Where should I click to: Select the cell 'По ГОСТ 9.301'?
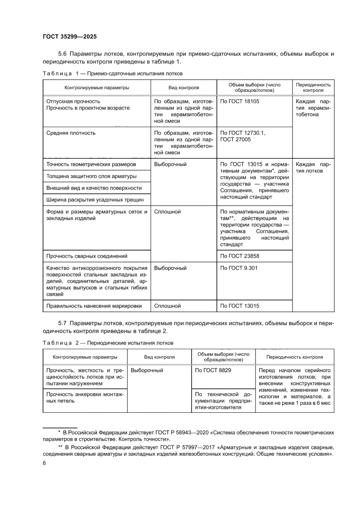coord(239,268)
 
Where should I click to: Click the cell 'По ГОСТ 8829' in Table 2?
coord(213,370)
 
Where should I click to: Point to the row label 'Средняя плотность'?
coord(71,133)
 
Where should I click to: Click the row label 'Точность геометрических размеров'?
coord(91,165)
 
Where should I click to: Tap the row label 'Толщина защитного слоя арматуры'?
coord(91,176)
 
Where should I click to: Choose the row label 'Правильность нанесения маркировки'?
coord(94,306)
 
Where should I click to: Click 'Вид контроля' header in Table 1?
coord(183,88)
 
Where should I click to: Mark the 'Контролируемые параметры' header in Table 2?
coord(85,357)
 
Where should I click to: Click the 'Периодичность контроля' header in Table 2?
coord(294,357)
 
